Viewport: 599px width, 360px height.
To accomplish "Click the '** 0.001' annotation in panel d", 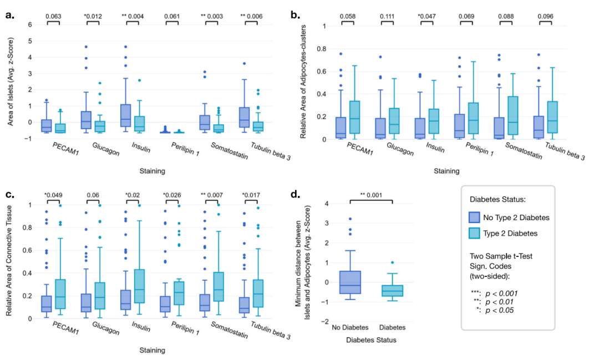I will click(371, 195).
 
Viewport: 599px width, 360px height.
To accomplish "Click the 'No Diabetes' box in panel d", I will click(351, 282).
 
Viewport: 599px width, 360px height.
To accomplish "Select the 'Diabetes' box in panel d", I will click(393, 291).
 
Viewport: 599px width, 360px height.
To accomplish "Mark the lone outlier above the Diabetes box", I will click(393, 262).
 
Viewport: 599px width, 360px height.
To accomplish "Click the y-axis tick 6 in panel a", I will click(31, 25).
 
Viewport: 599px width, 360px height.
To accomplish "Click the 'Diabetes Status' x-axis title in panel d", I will click(371, 340).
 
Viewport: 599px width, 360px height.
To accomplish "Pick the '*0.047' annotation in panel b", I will click(427, 16).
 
